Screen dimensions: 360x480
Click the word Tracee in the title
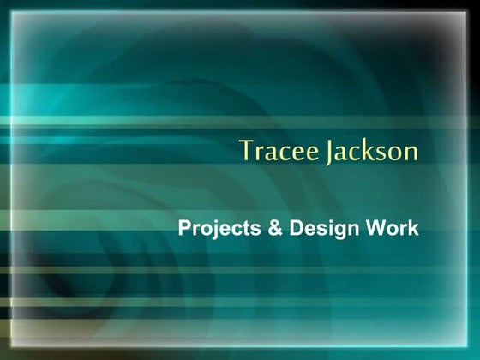[x=278, y=151]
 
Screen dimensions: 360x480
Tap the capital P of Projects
[x=183, y=229]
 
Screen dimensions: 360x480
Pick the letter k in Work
[x=413, y=229]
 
